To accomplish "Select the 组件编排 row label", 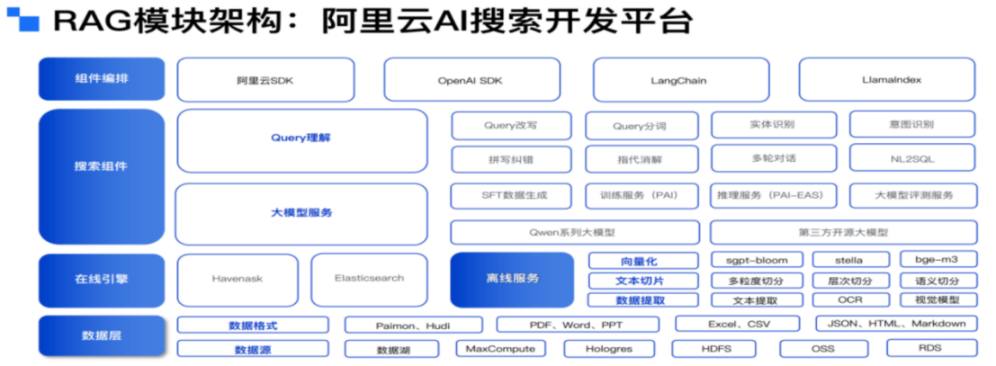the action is click(x=101, y=79).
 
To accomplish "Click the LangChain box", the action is click(x=678, y=80).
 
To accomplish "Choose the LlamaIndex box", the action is click(x=886, y=80).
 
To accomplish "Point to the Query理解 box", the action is click(x=301, y=139).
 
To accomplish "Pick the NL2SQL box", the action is click(x=912, y=158).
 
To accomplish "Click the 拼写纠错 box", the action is click(x=510, y=159).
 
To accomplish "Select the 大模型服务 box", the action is click(x=301, y=213).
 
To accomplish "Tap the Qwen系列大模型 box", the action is click(x=572, y=232).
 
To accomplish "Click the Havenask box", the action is click(x=238, y=279).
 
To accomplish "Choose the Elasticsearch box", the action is click(x=370, y=279).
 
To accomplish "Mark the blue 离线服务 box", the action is click(x=511, y=279).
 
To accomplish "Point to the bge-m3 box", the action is click(x=936, y=260).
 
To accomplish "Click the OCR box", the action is click(x=850, y=300).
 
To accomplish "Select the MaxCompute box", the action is click(x=500, y=348).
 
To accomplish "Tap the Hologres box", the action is click(x=608, y=348).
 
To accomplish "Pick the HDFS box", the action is click(x=716, y=348).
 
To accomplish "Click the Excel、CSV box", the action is click(x=737, y=324).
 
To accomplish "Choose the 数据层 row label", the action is click(x=101, y=335).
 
